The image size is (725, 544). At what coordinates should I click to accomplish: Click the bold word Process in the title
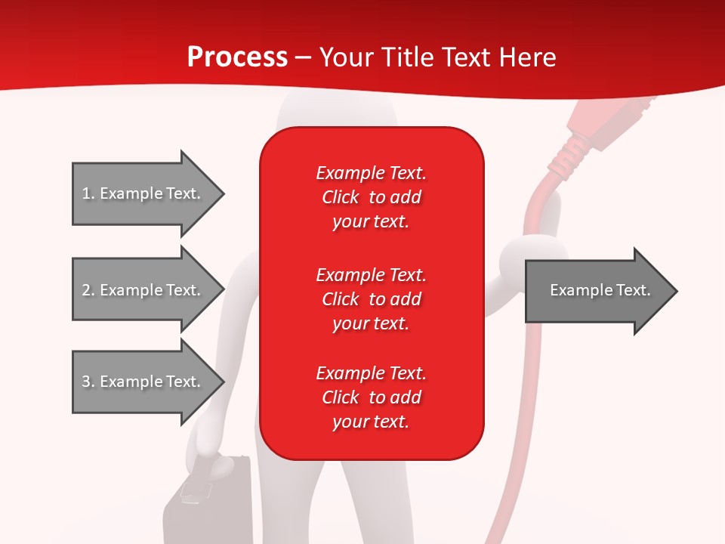237,57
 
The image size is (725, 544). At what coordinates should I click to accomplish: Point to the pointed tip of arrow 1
222,193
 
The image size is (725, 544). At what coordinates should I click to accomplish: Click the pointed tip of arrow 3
222,382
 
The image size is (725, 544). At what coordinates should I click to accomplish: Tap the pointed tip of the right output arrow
675,291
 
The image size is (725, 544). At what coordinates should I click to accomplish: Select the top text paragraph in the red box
371,197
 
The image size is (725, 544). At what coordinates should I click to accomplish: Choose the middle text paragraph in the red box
371,299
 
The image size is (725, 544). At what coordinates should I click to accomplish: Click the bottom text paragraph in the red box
371,397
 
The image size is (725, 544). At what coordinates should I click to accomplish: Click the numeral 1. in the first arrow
88,193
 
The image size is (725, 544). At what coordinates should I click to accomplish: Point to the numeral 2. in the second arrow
88,290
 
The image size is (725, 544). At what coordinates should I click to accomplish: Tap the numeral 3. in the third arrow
88,382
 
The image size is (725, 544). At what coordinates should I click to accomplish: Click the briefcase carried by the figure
208,502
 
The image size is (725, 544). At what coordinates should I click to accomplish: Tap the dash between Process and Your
303,58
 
